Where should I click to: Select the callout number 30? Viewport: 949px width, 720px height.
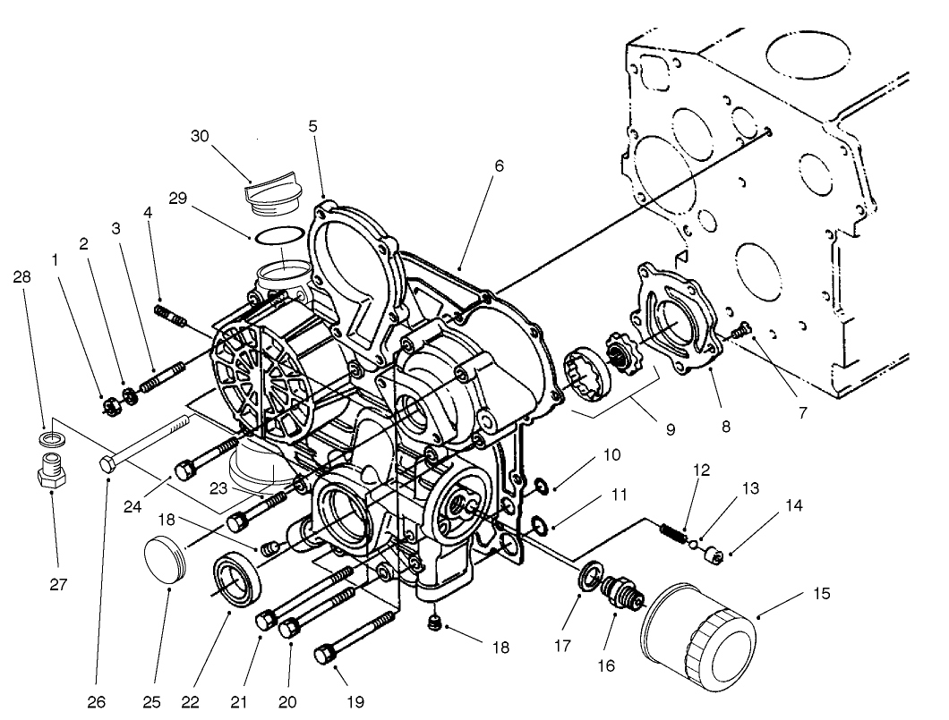200,135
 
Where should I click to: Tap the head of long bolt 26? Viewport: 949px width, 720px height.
107,464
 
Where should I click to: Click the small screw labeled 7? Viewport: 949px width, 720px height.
739,333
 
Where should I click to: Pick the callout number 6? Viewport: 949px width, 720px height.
499,165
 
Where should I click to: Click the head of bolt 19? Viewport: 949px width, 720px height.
324,655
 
